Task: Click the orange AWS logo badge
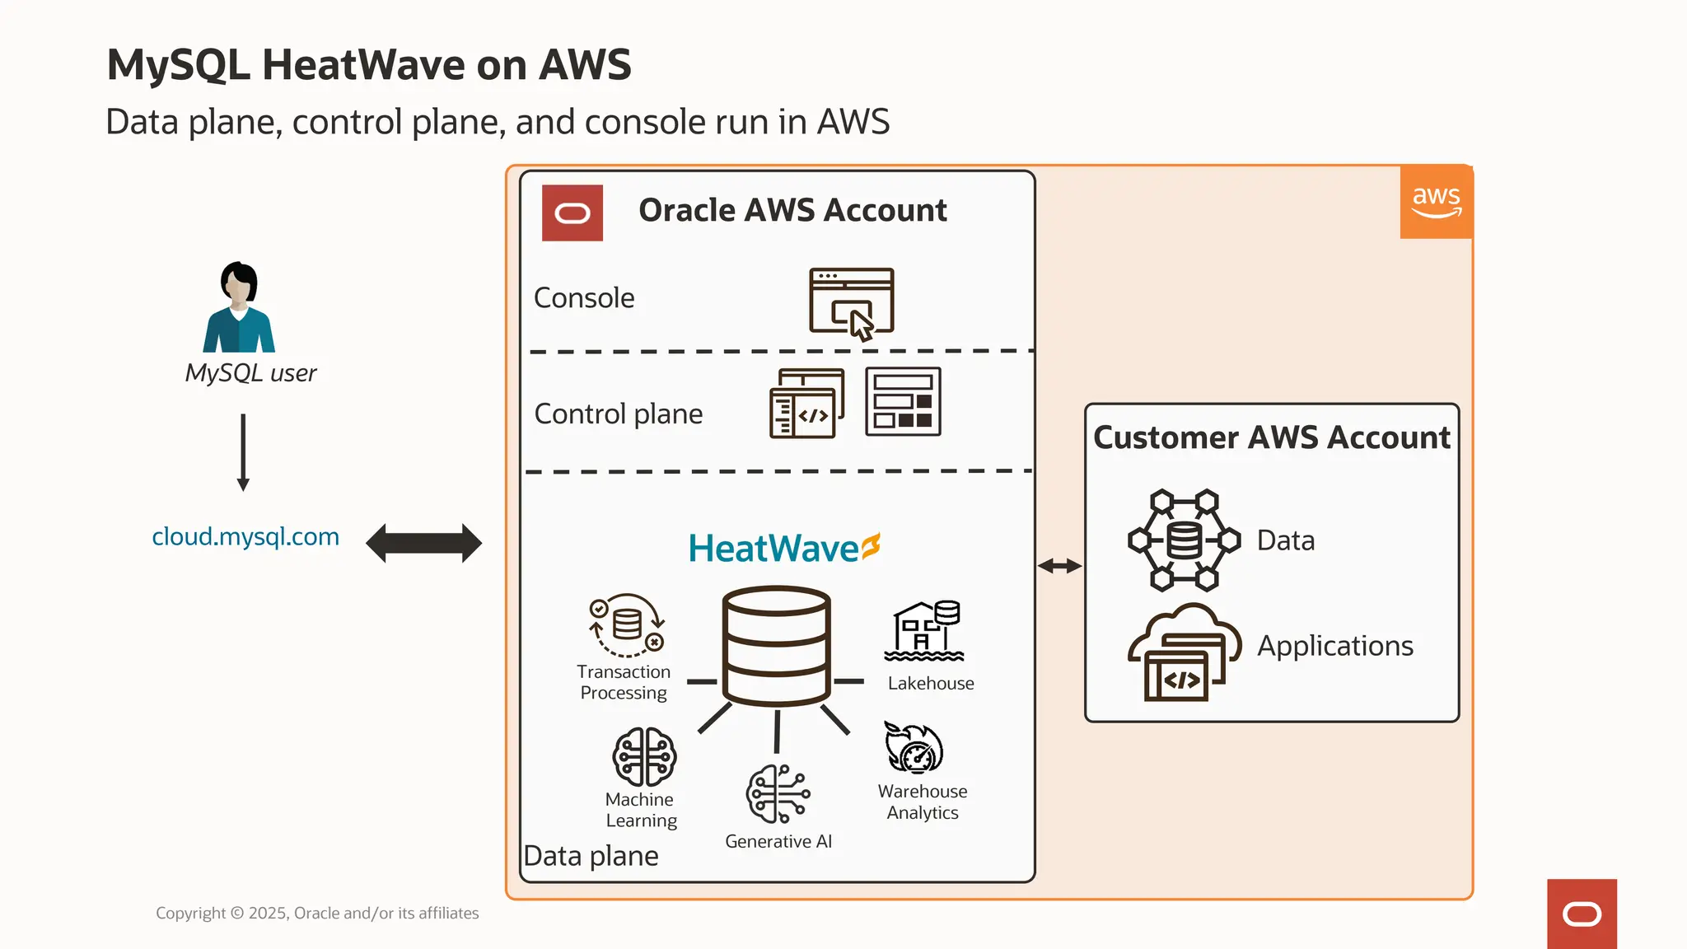click(x=1436, y=203)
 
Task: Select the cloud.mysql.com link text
click(x=245, y=537)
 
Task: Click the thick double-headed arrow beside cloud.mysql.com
click(x=423, y=543)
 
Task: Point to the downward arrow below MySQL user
click(x=243, y=452)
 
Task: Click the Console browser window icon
click(x=852, y=302)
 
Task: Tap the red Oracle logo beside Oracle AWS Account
click(x=572, y=213)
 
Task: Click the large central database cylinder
click(x=776, y=646)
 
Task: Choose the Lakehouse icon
click(x=925, y=631)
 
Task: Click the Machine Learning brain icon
click(x=644, y=756)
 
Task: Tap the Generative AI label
click(x=778, y=841)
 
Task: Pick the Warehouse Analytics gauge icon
click(x=914, y=748)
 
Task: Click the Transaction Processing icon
click(x=627, y=625)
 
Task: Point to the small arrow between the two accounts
click(x=1059, y=566)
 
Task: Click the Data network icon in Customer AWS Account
click(x=1184, y=540)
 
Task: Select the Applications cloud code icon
click(x=1184, y=652)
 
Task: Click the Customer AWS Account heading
click(x=1271, y=437)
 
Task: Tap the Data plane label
click(x=591, y=856)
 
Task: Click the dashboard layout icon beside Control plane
click(x=903, y=402)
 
